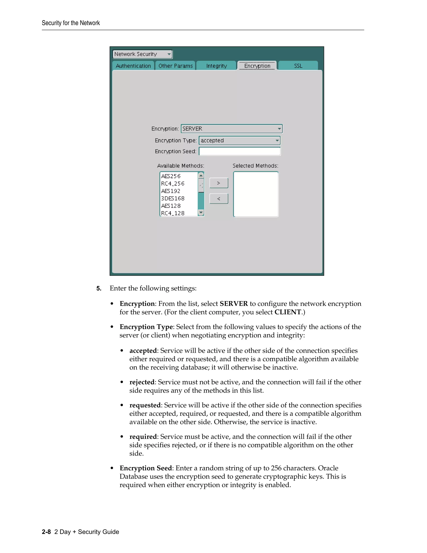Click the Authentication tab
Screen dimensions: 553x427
pos(133,66)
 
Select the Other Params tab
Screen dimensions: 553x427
pos(175,66)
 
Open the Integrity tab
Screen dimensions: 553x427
pos(217,66)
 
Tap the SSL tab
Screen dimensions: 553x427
pos(298,66)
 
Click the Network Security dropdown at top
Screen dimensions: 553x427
pos(142,54)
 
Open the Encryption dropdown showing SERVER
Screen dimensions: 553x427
pos(232,129)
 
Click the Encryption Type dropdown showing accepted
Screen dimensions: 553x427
pos(240,140)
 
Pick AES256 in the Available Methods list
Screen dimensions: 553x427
pos(171,176)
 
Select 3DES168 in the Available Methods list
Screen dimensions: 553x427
pos(173,198)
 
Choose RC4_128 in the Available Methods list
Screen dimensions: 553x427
pos(173,213)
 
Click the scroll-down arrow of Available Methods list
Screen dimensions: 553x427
pos(201,213)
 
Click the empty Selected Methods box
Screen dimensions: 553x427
pos(256,194)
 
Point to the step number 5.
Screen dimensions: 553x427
pos(99,288)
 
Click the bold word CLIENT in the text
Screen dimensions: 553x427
pos(288,312)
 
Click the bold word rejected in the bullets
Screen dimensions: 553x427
pos(142,382)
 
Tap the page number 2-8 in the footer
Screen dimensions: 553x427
pos(46,532)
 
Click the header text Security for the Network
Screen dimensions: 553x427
pos(71,23)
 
